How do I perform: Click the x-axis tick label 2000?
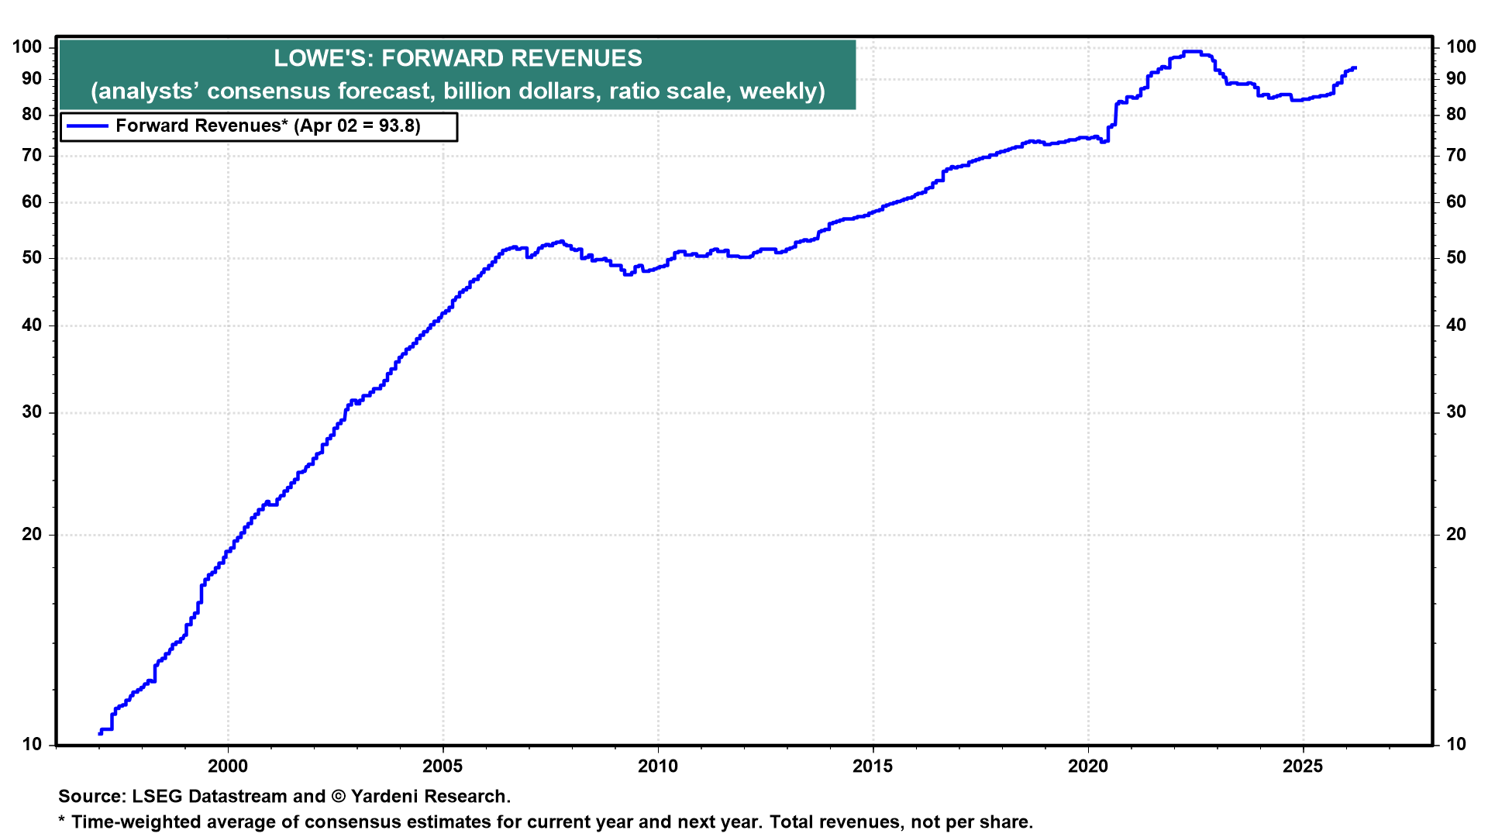[228, 766]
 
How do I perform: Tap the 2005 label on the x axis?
[443, 766]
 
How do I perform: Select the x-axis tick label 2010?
[658, 766]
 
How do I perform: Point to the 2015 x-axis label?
[873, 766]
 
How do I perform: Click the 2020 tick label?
[1088, 766]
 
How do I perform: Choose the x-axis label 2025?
[1303, 766]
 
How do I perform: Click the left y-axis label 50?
[32, 258]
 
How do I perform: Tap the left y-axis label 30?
[32, 412]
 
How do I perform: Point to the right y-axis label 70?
[1456, 156]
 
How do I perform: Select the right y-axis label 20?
[1456, 535]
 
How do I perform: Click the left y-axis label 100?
[27, 47]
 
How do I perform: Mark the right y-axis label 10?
[1456, 745]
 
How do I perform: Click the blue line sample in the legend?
[88, 126]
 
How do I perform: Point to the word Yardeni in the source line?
[381, 797]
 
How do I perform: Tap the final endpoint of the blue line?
[1355, 68]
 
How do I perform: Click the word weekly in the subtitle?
[781, 91]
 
